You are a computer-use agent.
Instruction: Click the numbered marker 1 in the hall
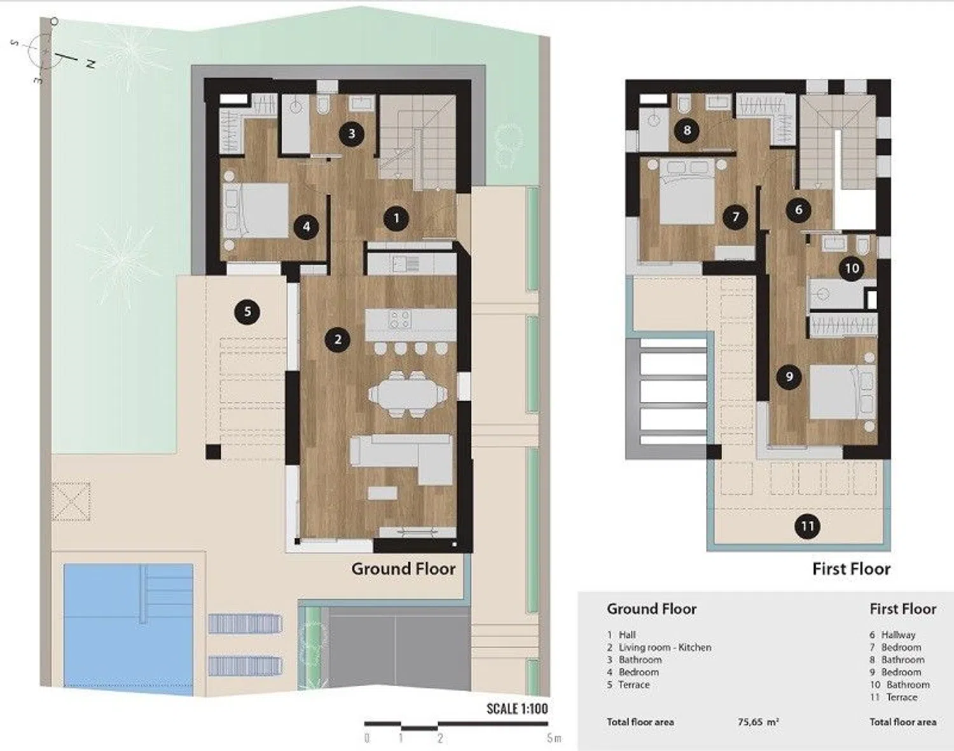pos(396,218)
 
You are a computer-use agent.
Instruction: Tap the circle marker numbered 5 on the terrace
pos(247,312)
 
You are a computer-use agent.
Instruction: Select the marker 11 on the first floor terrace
pos(807,527)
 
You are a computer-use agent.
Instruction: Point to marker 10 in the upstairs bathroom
pos(852,268)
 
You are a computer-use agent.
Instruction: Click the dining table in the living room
pos(408,394)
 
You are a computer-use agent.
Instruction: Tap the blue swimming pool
pos(128,625)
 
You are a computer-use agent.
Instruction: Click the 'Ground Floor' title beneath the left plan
pos(403,568)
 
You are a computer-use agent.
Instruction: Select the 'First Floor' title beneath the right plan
pos(851,568)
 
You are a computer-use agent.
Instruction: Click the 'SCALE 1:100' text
pos(517,708)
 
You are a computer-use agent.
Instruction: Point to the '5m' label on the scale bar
pos(554,738)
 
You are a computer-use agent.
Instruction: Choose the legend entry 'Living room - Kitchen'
pos(665,647)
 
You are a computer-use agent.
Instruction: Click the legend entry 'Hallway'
pos(898,635)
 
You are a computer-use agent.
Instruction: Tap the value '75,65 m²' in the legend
pos(759,722)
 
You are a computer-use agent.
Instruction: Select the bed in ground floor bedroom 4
pos(256,210)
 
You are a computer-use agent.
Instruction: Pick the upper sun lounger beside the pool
pos(244,623)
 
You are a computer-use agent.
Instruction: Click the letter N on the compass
pos(90,64)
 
